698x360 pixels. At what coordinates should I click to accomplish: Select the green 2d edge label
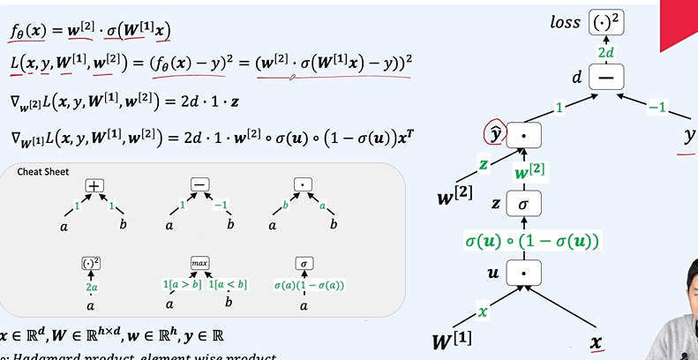coord(607,53)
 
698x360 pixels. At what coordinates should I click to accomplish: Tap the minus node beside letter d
coord(606,78)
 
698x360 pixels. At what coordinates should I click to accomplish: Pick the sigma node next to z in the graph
coord(522,204)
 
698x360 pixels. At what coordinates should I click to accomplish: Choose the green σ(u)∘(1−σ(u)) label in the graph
coord(531,240)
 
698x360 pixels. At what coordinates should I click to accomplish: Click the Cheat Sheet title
coord(43,171)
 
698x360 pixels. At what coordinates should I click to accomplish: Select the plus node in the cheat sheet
coord(94,185)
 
